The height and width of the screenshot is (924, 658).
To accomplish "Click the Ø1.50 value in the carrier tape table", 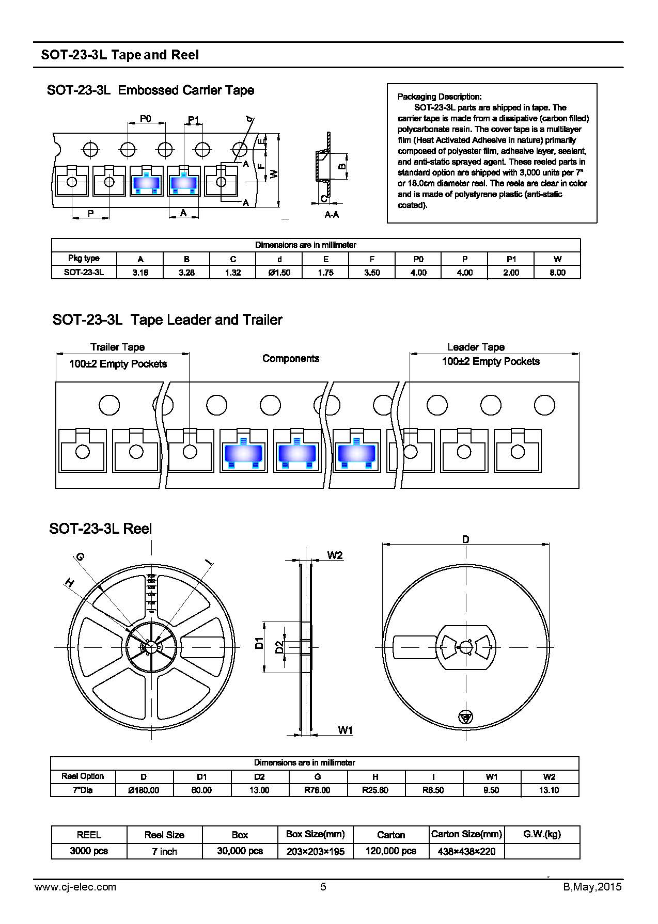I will point(279,273).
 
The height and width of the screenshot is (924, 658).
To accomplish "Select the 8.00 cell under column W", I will point(557,273).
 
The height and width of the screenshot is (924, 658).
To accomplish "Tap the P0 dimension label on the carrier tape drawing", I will point(146,119).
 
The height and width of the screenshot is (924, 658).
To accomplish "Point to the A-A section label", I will point(332,215).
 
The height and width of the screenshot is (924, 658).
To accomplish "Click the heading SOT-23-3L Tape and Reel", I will point(120,55).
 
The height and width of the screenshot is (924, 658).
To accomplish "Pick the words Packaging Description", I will point(440,97).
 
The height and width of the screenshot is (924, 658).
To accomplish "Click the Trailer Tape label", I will point(117,347).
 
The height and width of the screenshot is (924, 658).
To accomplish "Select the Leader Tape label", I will point(476,347).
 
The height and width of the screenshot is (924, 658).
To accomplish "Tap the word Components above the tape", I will point(291,358).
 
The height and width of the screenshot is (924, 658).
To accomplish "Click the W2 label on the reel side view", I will point(335,555).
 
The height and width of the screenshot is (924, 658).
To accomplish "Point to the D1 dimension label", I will point(259,643).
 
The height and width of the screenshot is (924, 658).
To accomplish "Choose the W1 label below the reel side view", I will point(345,730).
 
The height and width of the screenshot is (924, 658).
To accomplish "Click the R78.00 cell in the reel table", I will point(317,790).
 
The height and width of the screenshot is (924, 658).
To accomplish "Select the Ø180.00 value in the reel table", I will point(144,790).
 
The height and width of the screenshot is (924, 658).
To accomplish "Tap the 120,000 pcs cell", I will point(390,851).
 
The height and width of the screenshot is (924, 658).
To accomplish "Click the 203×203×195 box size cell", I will point(315,851).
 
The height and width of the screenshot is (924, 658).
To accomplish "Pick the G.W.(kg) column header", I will point(542,834).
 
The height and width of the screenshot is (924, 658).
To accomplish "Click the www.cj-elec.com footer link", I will point(75,887).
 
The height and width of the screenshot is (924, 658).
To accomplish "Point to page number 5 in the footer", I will point(323,887).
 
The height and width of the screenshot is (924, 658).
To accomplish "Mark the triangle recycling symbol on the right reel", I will point(465,717).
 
